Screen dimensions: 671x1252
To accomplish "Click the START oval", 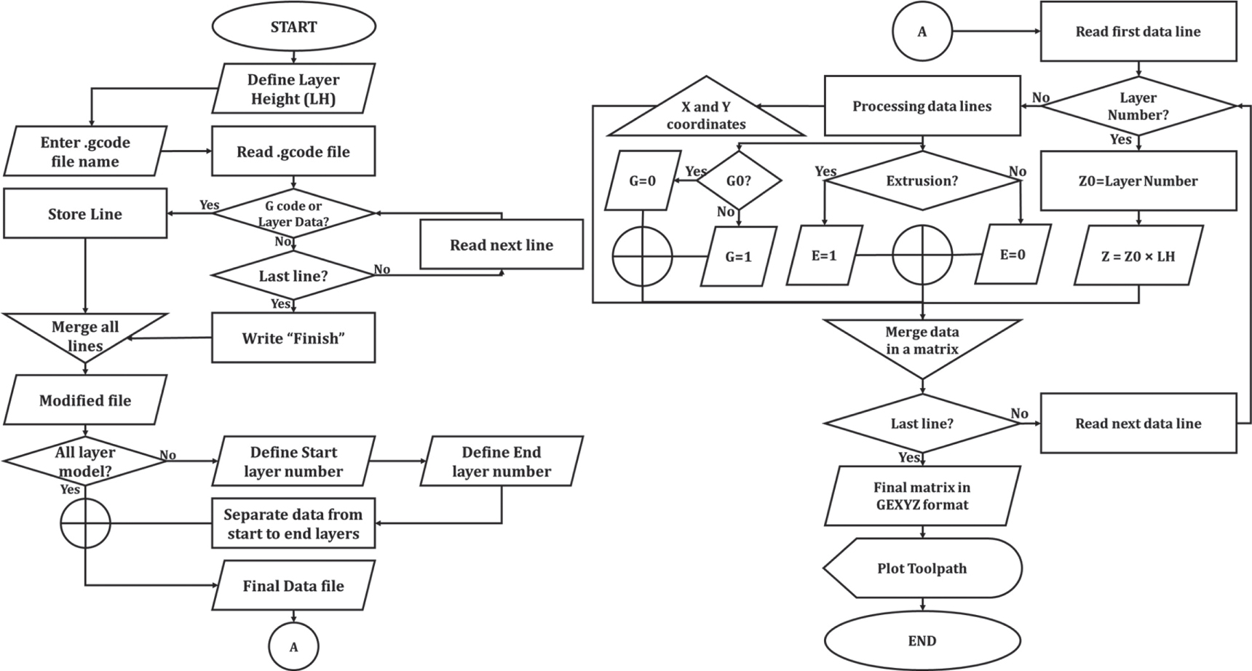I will pyautogui.click(x=293, y=27).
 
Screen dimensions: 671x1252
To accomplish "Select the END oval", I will pyautogui.click(x=922, y=640).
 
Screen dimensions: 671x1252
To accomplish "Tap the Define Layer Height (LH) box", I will pyautogui.click(x=293, y=89).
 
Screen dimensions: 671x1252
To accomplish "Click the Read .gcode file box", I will pyautogui.click(x=293, y=151).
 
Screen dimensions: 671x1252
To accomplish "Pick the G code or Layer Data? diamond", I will pyautogui.click(x=293, y=213).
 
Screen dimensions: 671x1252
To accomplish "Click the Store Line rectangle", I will pyautogui.click(x=85, y=214).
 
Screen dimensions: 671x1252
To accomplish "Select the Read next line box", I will pyautogui.click(x=501, y=245).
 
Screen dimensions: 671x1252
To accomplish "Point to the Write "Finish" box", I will pyautogui.click(x=293, y=338).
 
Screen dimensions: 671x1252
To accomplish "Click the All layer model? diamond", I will pyautogui.click(x=85, y=461).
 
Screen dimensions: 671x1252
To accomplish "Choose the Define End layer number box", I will pyautogui.click(x=501, y=461).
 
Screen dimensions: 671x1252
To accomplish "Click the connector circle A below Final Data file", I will pyautogui.click(x=293, y=646).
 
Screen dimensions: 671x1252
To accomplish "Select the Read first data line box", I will pyautogui.click(x=1138, y=31).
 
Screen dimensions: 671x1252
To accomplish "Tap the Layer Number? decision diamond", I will pyautogui.click(x=1138, y=106).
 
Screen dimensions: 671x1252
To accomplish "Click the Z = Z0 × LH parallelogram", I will pyautogui.click(x=1138, y=255).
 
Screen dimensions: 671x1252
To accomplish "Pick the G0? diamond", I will pyautogui.click(x=738, y=180).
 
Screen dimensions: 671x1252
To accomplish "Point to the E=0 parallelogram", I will pyautogui.click(x=1012, y=255).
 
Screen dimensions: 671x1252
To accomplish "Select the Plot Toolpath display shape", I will pyautogui.click(x=922, y=568).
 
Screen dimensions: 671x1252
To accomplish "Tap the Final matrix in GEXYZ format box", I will pyautogui.click(x=922, y=496).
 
